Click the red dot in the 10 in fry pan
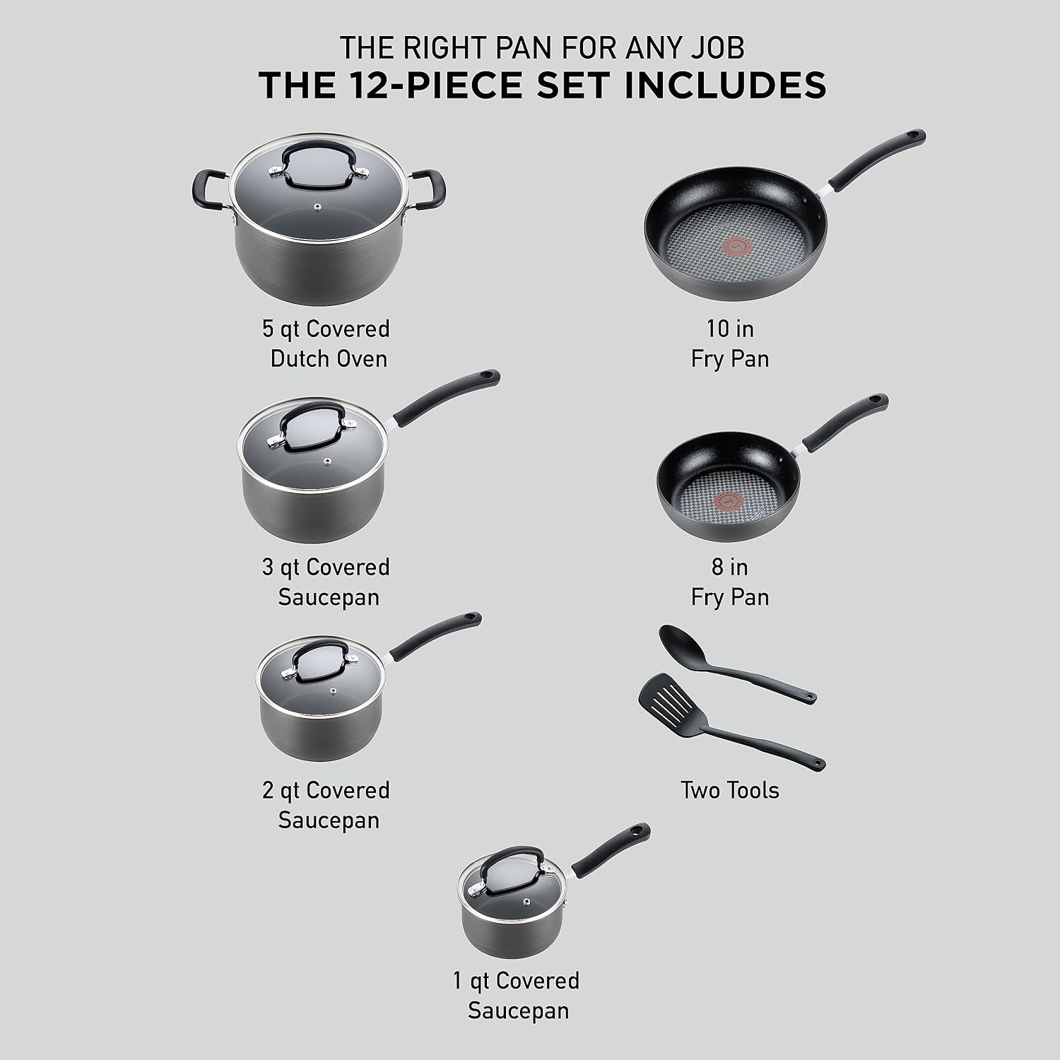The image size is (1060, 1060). point(722,245)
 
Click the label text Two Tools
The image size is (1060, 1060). point(729,789)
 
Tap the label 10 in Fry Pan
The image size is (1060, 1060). point(729,343)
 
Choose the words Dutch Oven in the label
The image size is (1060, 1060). point(329,358)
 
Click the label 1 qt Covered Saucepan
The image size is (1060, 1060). point(517,995)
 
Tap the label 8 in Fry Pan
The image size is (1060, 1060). point(729,582)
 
